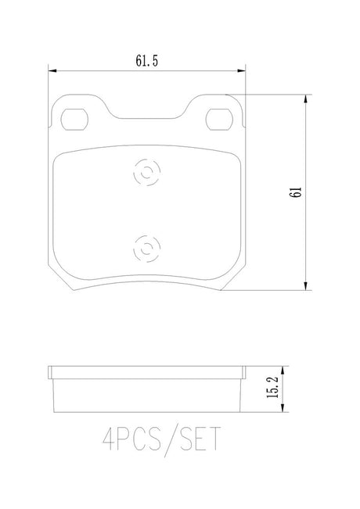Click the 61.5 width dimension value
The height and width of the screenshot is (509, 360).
pyautogui.click(x=147, y=61)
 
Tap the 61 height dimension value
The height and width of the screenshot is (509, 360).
pyautogui.click(x=297, y=192)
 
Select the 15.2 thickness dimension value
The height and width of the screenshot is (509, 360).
pyautogui.click(x=272, y=387)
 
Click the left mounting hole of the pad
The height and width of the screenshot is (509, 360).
pyautogui.click(x=74, y=120)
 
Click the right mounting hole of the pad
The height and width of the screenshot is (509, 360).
pyautogui.click(x=219, y=120)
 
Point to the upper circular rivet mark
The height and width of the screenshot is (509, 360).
pyautogui.click(x=147, y=172)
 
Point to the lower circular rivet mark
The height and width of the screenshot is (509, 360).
pyautogui.click(x=147, y=249)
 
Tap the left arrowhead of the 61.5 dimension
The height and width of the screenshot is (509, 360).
pyautogui.click(x=52, y=71)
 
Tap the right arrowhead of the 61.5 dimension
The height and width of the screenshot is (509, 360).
pyautogui.click(x=241, y=71)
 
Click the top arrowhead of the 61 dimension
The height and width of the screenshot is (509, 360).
pyautogui.click(x=305, y=99)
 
